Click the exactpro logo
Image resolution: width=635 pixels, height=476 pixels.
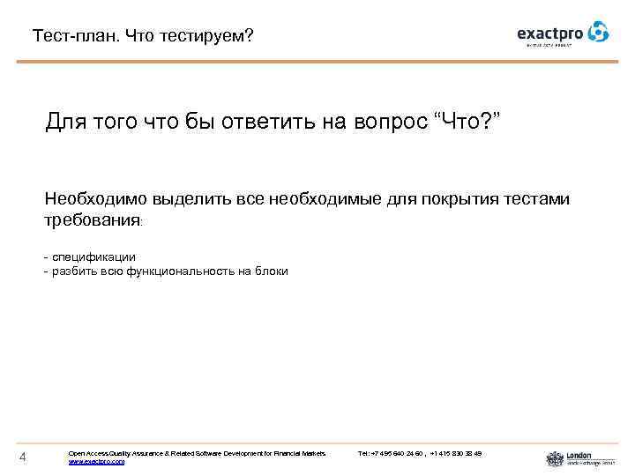pos(562,33)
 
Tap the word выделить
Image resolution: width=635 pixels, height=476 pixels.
pos(190,199)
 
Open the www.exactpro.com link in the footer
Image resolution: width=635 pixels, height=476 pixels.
pos(96,461)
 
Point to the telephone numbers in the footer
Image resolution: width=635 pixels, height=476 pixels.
pos(420,453)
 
